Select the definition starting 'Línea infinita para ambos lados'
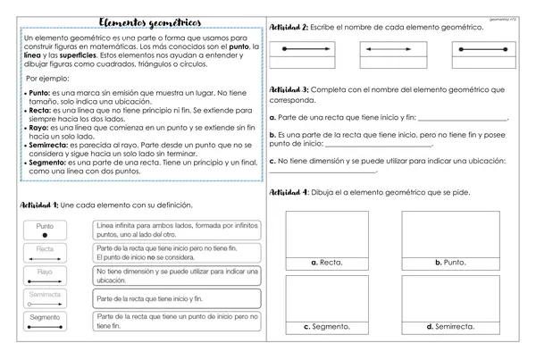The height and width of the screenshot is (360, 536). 175,230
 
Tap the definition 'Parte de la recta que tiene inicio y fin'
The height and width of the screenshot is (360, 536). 175,297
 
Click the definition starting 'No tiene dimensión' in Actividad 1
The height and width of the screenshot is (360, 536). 175,275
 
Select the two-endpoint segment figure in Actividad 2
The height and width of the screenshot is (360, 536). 306,52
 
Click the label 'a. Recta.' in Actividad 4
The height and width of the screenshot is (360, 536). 326,263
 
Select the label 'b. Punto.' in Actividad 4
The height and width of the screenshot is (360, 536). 444,263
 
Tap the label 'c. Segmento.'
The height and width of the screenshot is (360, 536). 326,326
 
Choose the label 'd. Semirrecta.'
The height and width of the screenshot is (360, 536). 444,326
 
